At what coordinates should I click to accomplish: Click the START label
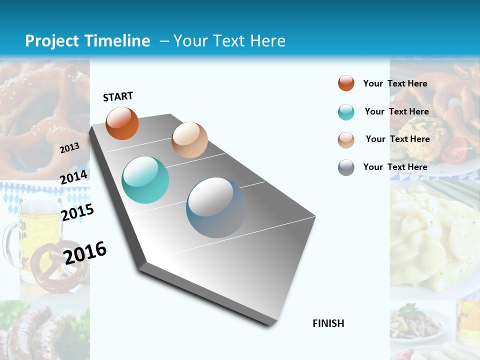tap(118, 96)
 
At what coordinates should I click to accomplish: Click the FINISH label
tap(328, 323)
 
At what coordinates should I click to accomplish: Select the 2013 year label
tap(69, 148)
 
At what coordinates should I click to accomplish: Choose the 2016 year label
tap(85, 252)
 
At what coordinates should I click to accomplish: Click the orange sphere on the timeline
tap(122, 123)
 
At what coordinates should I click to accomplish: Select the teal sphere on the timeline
tap(145, 180)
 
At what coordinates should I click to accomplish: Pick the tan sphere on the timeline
tap(189, 140)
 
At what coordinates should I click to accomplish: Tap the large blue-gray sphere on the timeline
tap(216, 207)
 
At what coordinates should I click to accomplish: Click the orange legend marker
tap(346, 83)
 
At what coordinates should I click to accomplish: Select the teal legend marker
tap(346, 112)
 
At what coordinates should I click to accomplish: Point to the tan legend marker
tap(346, 139)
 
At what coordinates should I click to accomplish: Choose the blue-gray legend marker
tap(346, 167)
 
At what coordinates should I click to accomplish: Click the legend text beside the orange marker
tap(395, 83)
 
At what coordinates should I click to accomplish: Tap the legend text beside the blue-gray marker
tap(395, 167)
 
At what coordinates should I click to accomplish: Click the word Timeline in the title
tap(118, 41)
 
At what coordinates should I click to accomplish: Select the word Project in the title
tap(53, 41)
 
